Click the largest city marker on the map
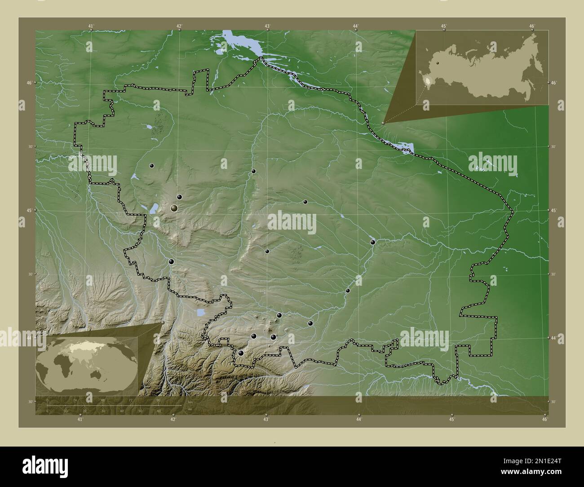click(174, 208)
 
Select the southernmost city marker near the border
click(241, 353)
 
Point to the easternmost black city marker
click(372, 242)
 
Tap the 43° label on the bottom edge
click(266, 420)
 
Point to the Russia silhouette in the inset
click(483, 67)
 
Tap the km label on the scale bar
click(190, 402)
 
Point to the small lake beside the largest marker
click(154, 208)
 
